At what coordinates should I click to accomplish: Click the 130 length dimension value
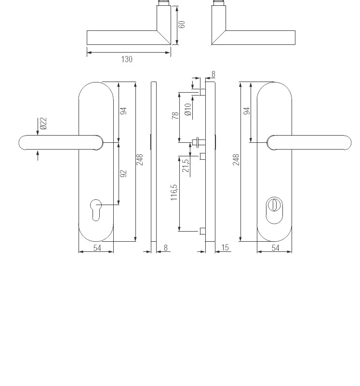coord(126,59)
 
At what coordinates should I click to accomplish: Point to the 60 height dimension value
coord(182,24)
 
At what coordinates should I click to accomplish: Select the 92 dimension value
coord(123,174)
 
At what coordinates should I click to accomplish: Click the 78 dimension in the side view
coord(176,115)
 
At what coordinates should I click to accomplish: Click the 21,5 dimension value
coord(185,165)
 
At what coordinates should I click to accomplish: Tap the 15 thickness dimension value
coord(225,248)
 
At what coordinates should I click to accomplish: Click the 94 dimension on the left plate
coord(123,111)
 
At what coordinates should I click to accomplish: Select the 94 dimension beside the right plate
coord(247,111)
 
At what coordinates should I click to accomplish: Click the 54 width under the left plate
coord(97,248)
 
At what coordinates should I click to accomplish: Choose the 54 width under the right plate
coord(275,248)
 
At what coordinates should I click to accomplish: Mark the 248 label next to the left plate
coord(140,160)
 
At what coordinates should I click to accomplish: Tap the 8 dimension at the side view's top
coord(213,74)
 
